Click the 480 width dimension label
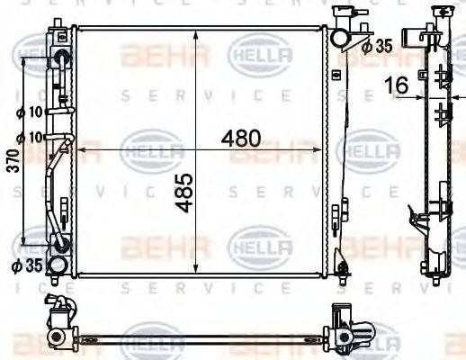(x=241, y=139)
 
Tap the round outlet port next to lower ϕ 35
(x=57, y=265)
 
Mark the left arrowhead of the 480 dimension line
(x=82, y=148)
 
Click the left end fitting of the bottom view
(x=58, y=329)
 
